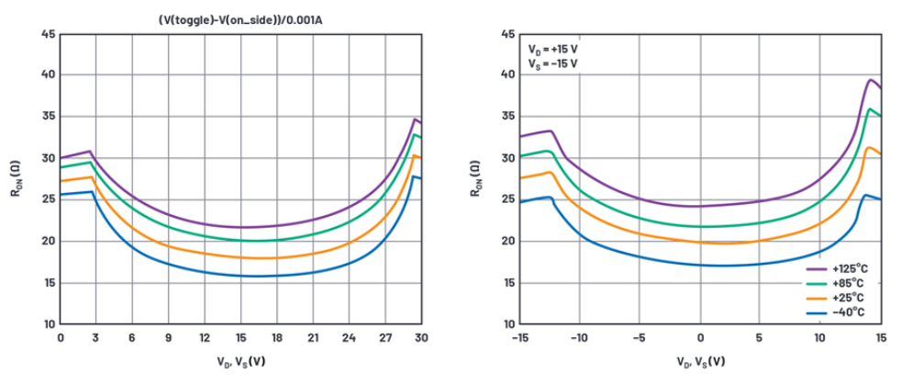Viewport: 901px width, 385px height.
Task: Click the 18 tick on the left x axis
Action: (x=276, y=338)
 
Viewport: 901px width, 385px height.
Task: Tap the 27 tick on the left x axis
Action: (x=385, y=338)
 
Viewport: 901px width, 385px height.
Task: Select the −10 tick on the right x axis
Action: (x=578, y=338)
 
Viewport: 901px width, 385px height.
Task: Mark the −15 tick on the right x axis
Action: (x=518, y=338)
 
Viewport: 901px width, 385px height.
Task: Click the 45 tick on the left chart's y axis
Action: (x=48, y=35)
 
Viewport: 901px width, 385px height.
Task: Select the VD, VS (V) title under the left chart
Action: (x=240, y=361)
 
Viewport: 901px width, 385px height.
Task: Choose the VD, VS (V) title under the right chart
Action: (x=699, y=361)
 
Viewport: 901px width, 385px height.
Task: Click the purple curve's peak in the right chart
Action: (x=870, y=80)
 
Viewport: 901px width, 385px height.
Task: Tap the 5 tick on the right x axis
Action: (x=760, y=338)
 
